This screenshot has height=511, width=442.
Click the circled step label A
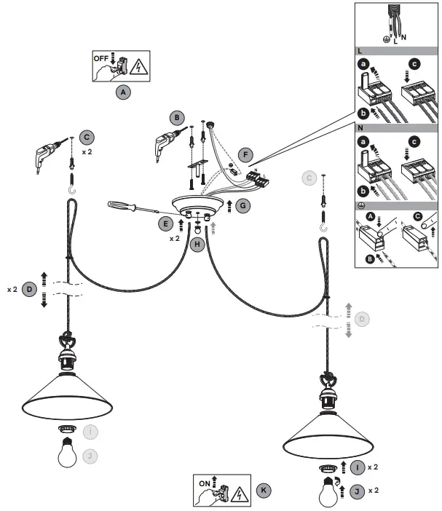click(123, 92)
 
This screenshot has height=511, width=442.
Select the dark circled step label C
click(87, 138)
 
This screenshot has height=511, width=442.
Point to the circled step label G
click(242, 206)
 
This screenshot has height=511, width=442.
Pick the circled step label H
click(197, 244)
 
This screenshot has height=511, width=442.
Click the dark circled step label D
click(29, 289)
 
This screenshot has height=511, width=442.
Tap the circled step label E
click(167, 223)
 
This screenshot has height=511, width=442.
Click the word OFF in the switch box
click(100, 56)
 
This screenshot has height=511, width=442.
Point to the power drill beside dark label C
click(49, 156)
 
